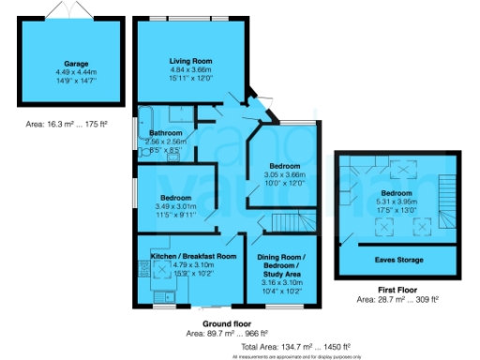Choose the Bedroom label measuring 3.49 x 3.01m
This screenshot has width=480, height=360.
pyautogui.click(x=176, y=199)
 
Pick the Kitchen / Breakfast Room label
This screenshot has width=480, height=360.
pyautogui.click(x=178, y=255)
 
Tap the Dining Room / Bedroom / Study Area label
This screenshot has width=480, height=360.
pyautogui.click(x=283, y=263)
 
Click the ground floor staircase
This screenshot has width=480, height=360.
pyautogui.click(x=287, y=223)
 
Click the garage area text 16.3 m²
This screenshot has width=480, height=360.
pyautogui.click(x=69, y=124)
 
